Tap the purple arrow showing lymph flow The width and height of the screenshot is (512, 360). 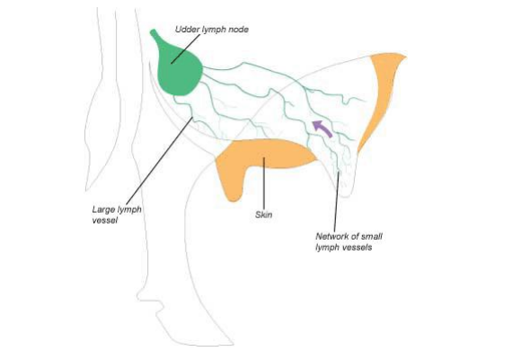point(322,127)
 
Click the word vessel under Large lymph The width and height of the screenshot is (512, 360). point(104,220)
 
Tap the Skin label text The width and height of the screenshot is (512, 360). point(263,215)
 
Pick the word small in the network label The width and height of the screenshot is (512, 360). point(372,236)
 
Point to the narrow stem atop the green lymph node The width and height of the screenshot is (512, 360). point(155,36)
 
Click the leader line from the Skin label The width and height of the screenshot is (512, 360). point(264,184)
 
